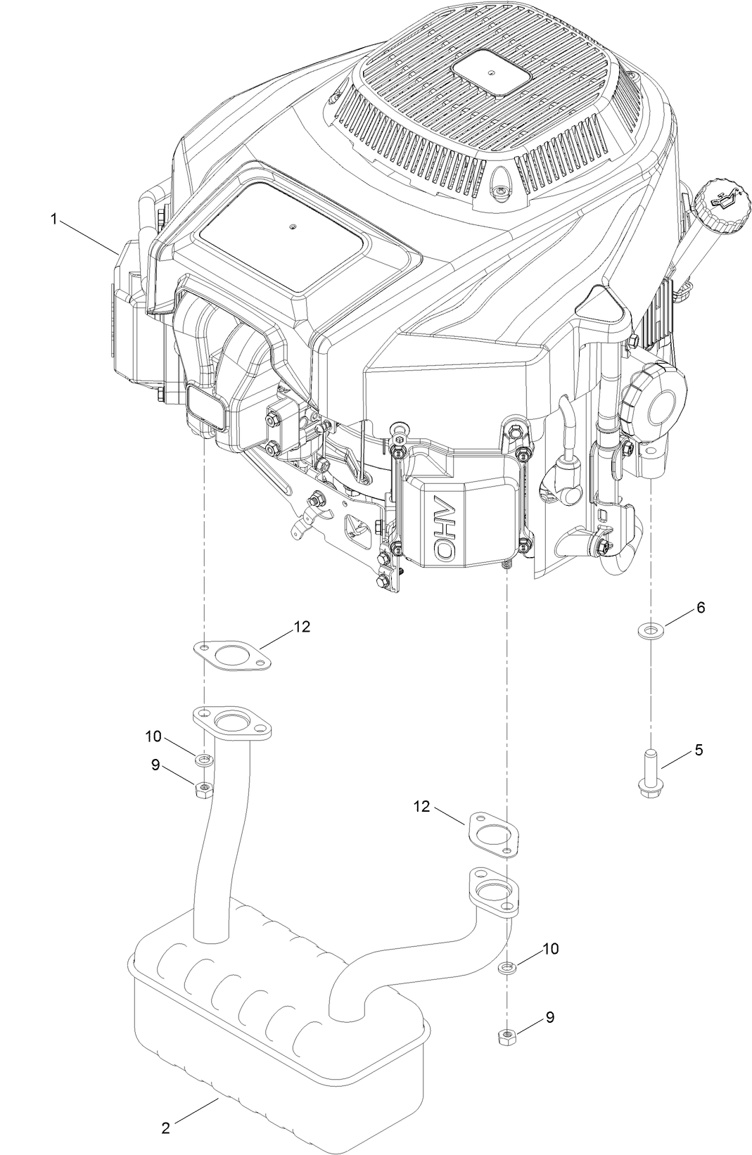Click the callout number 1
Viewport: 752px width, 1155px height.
click(53, 219)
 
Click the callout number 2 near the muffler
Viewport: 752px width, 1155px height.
click(165, 1128)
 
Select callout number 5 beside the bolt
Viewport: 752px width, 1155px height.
click(698, 750)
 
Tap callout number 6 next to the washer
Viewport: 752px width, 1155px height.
click(701, 608)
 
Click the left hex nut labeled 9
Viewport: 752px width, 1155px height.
click(204, 789)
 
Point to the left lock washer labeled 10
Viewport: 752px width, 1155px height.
click(203, 759)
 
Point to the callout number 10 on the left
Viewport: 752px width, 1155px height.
click(153, 736)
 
